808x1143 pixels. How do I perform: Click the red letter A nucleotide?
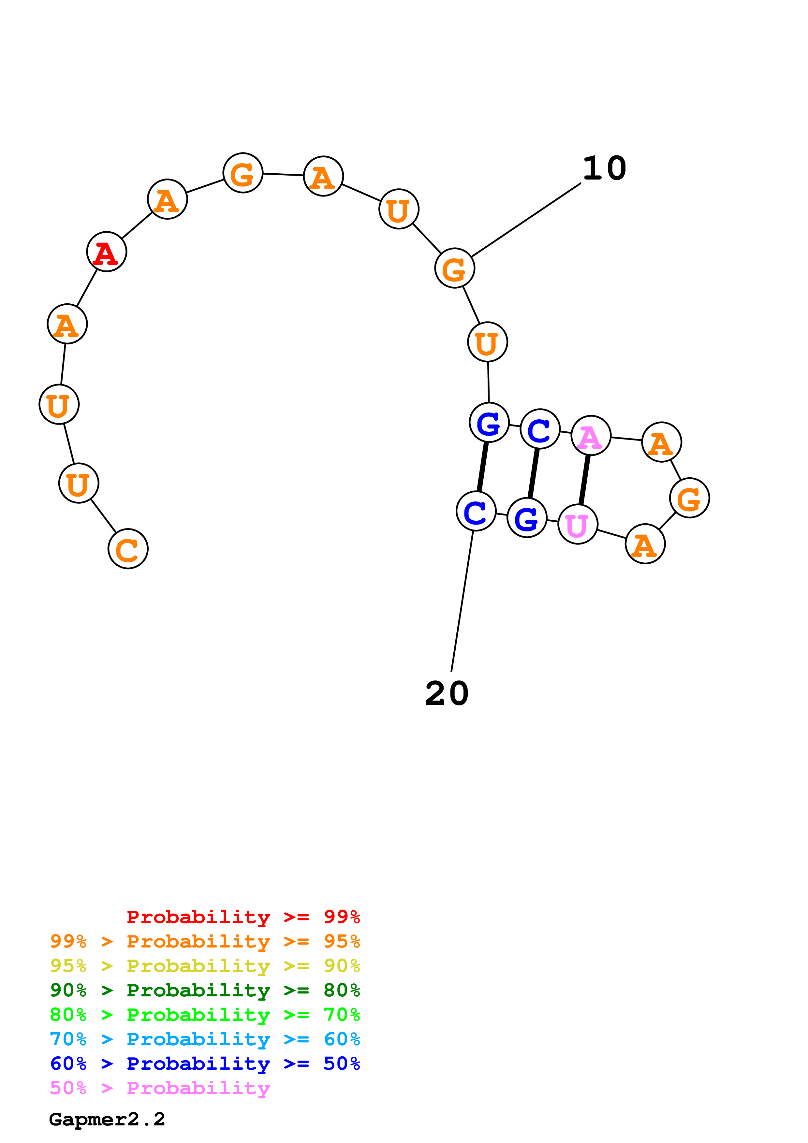pos(107,252)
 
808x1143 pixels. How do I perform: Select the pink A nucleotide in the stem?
pos(591,436)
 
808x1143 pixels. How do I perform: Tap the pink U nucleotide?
pos(578,524)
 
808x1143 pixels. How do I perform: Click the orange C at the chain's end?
pos(128,549)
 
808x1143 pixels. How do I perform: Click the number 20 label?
pos(447,693)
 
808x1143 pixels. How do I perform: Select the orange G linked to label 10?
pos(455,268)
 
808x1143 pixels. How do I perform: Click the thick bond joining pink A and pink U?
pos(584,480)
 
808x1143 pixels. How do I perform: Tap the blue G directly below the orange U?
pos(489,423)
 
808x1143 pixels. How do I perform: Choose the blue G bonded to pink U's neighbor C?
pos(527,518)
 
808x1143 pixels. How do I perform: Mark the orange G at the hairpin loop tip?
pos(689,498)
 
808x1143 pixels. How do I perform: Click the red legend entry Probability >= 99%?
pos(243,917)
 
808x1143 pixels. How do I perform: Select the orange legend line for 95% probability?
pos(205,941)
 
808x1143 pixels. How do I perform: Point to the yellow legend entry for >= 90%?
pos(205,966)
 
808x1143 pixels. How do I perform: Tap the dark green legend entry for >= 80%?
pos(205,990)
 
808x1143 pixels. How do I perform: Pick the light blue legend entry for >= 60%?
pos(205,1039)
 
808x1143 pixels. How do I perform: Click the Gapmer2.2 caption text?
pos(107,1119)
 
